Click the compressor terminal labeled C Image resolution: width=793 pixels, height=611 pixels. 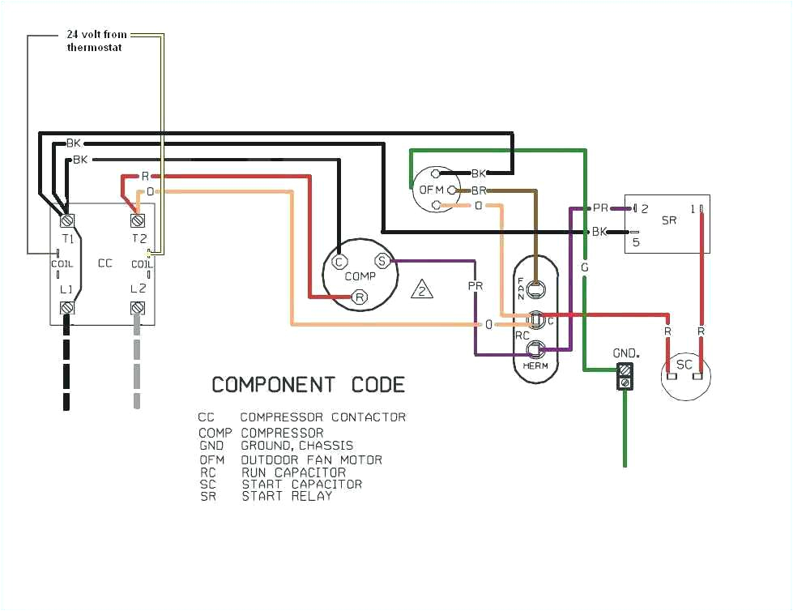click(339, 261)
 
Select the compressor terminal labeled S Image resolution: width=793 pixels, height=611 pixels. click(381, 260)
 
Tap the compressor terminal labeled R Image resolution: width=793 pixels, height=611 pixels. click(360, 298)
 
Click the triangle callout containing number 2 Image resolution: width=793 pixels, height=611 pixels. click(422, 289)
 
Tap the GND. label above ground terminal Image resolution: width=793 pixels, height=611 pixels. click(625, 353)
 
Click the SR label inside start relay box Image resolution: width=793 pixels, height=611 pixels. click(668, 220)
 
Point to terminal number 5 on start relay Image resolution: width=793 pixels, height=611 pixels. click(636, 241)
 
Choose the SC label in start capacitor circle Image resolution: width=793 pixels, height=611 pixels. click(684, 365)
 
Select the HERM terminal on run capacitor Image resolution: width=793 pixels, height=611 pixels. click(535, 350)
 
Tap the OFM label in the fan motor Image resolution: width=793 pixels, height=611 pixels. click(428, 190)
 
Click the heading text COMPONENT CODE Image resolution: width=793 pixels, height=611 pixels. click(308, 384)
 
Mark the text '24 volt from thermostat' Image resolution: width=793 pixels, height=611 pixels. click(96, 41)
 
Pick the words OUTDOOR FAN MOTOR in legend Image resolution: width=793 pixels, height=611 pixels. click(311, 459)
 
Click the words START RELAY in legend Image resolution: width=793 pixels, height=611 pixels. click(287, 496)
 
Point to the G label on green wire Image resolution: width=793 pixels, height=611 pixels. click(583, 267)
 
